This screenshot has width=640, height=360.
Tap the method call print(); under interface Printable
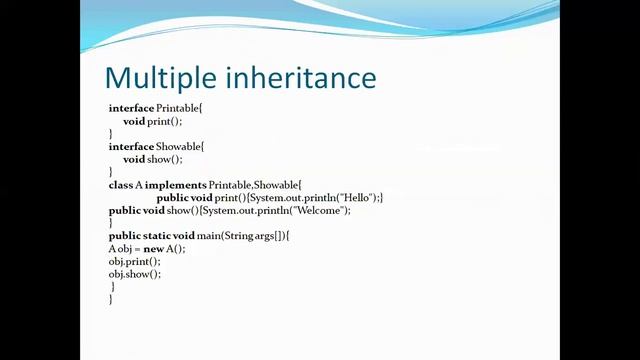pyautogui.click(x=165, y=121)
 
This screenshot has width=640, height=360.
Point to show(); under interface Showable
pyautogui.click(x=165, y=159)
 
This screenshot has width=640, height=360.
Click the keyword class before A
pyautogui.click(x=120, y=185)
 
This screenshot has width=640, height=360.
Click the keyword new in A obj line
pyautogui.click(x=153, y=248)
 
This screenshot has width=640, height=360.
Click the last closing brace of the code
pyautogui.click(x=110, y=298)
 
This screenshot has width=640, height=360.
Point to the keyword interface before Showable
pyautogui.click(x=131, y=146)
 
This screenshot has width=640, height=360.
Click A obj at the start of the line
pyautogui.click(x=120, y=248)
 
